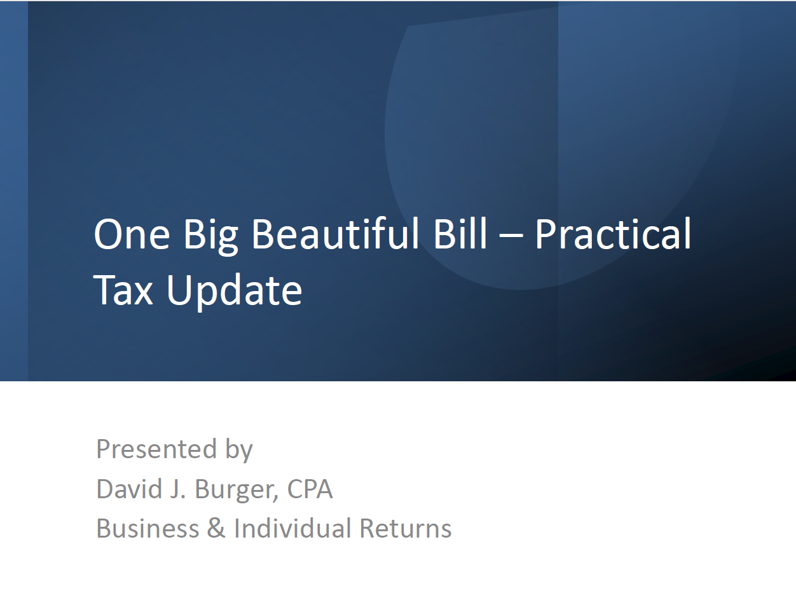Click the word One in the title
[132, 234]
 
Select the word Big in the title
[210, 237]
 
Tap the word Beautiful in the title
[335, 233]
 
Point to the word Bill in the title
[460, 233]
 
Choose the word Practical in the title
[614, 233]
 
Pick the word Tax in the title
[123, 290]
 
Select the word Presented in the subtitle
[156, 449]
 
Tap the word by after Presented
[239, 450]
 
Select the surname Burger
[235, 490]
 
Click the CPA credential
[310, 489]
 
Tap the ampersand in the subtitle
[216, 529]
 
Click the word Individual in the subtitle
[292, 528]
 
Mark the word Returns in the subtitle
[406, 529]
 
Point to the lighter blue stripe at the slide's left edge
[14, 191]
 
